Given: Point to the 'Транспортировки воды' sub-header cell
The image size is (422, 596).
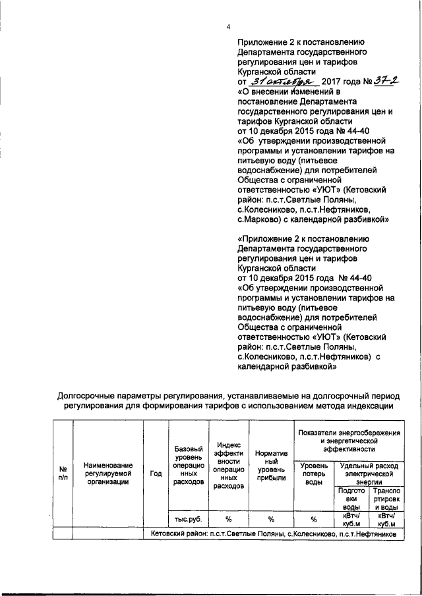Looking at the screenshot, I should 384,499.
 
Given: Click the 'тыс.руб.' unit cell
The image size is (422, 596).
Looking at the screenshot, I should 185,519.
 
